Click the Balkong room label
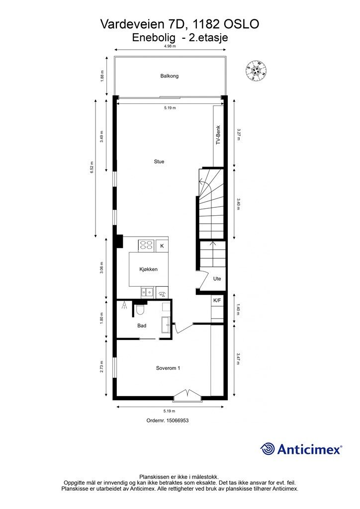pyautogui.click(x=169, y=76)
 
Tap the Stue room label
pyautogui.click(x=159, y=162)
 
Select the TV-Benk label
pyautogui.click(x=218, y=135)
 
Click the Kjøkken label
pyautogui.click(x=148, y=269)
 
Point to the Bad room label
pyautogui.click(x=142, y=326)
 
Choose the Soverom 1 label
pyautogui.click(x=168, y=368)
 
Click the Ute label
pyautogui.click(x=217, y=279)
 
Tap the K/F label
pyautogui.click(x=217, y=301)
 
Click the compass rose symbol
pyautogui.click(x=257, y=71)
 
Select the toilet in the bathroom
pyautogui.click(x=140, y=311)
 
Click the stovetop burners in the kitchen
pyautogui.click(x=146, y=245)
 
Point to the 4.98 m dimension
pyautogui.click(x=170, y=46)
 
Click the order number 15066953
pyautogui.click(x=168, y=420)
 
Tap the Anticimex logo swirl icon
pyautogui.click(x=268, y=449)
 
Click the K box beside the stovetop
pyautogui.click(x=162, y=246)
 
